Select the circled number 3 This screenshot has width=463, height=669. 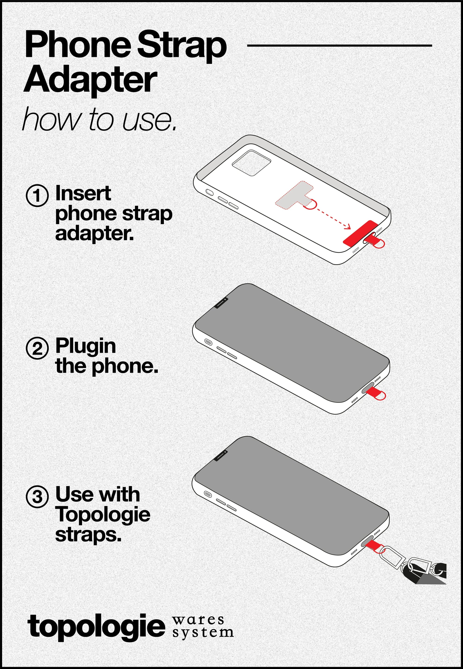[x=37, y=497]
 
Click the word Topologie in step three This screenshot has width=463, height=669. [x=103, y=514]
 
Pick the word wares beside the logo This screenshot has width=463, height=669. [x=198, y=620]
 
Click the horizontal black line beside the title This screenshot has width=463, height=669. [x=339, y=46]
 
